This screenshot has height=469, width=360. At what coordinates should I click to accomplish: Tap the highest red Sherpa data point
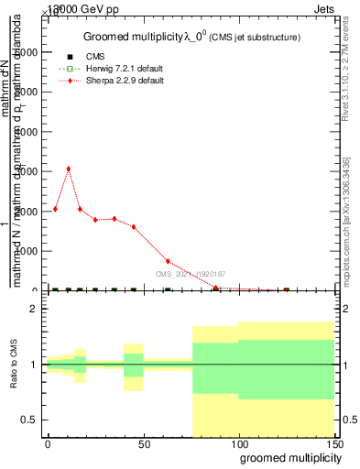pos(69,169)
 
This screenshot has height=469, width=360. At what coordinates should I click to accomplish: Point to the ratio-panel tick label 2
pos(33,310)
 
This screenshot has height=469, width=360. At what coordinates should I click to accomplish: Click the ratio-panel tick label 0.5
pos(29,420)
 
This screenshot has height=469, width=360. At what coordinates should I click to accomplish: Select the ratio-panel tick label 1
pos(33,365)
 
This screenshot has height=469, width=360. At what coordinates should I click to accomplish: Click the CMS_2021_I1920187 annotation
pos(191,274)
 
